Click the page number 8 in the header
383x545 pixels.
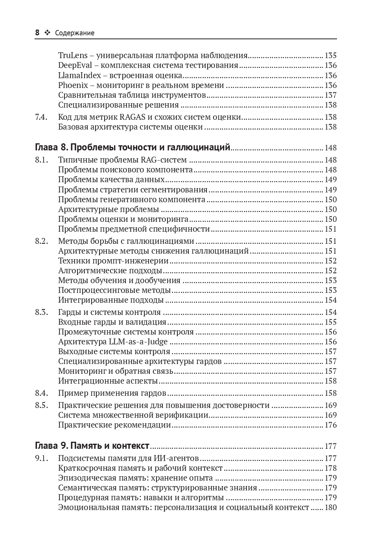coord(37,33)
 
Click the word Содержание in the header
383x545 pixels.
coord(75,33)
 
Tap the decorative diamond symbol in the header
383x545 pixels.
coord(47,33)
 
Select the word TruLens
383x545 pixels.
coord(73,55)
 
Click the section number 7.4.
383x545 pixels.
coord(41,117)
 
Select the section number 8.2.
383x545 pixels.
coord(41,241)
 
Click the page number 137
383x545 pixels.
coord(330,95)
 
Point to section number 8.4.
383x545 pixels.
coord(41,393)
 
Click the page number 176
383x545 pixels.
coord(330,425)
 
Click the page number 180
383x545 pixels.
coord(330,507)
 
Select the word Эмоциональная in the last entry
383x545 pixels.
coord(88,507)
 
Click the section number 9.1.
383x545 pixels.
coord(41,458)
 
